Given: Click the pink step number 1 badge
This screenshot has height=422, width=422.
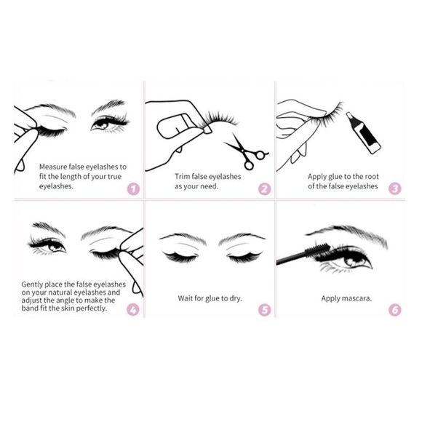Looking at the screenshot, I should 132,189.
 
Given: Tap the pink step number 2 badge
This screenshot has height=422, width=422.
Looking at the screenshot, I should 264,189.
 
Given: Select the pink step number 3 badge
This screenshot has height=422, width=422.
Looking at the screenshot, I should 395,189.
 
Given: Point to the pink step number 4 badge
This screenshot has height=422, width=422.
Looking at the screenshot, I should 132,309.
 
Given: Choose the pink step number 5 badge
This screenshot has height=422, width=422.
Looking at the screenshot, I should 264,309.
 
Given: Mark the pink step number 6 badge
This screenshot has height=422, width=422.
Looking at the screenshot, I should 395,309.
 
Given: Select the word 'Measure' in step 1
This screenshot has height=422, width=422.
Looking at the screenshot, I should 55,166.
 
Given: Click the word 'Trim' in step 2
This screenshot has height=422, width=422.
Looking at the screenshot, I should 183,176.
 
